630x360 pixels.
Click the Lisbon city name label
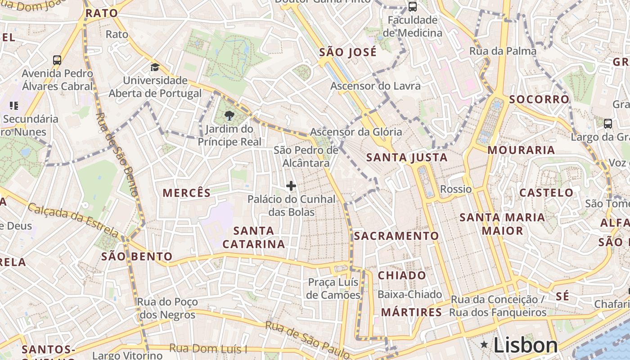(x=526, y=345)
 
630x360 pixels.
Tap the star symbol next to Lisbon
(x=484, y=345)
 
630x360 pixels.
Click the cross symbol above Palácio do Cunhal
(x=291, y=185)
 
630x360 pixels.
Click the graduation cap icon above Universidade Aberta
(x=155, y=67)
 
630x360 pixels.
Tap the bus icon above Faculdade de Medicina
(x=412, y=6)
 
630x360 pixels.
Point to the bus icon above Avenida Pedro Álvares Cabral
(x=57, y=60)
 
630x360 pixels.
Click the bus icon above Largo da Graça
(x=607, y=123)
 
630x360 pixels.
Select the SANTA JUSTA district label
(x=407, y=157)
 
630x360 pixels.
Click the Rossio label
(x=456, y=189)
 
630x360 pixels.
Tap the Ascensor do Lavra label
(x=376, y=86)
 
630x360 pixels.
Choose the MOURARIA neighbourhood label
(x=521, y=150)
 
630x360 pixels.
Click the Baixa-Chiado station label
(x=410, y=294)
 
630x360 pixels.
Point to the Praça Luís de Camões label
(x=333, y=288)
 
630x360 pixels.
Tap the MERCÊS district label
(x=186, y=193)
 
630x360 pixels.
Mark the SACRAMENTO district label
(x=396, y=236)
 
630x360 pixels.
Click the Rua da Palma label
(x=503, y=51)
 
